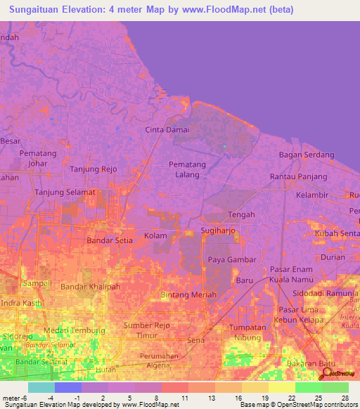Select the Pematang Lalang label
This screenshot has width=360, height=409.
point(188,169)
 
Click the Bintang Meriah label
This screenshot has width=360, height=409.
point(189,294)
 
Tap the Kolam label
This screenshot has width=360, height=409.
point(155,235)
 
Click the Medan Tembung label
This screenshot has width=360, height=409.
point(75,330)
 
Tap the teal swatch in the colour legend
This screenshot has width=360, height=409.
point(41,387)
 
